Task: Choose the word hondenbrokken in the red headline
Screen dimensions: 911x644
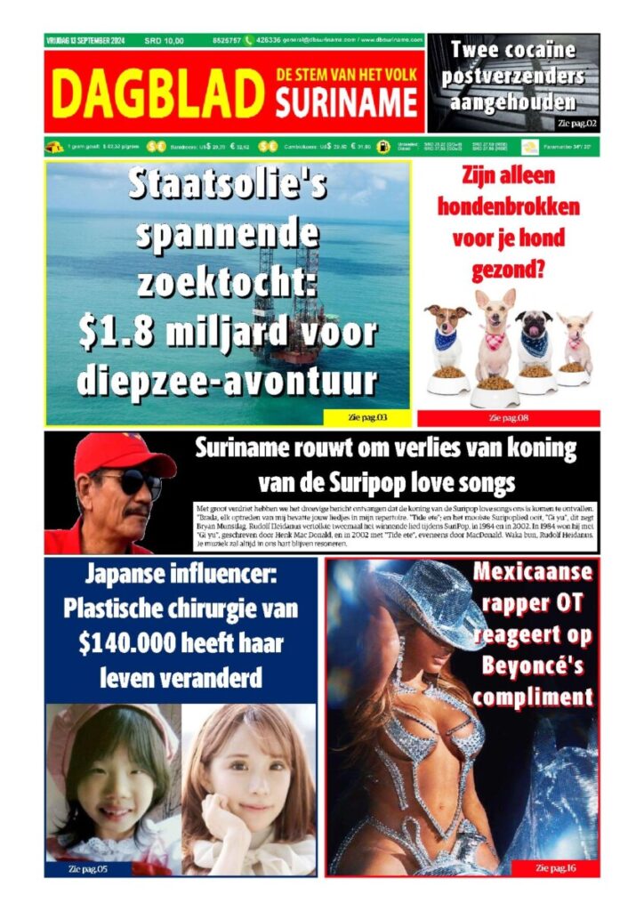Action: (x=508, y=208)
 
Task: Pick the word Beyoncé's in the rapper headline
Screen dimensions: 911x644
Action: (x=532, y=665)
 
